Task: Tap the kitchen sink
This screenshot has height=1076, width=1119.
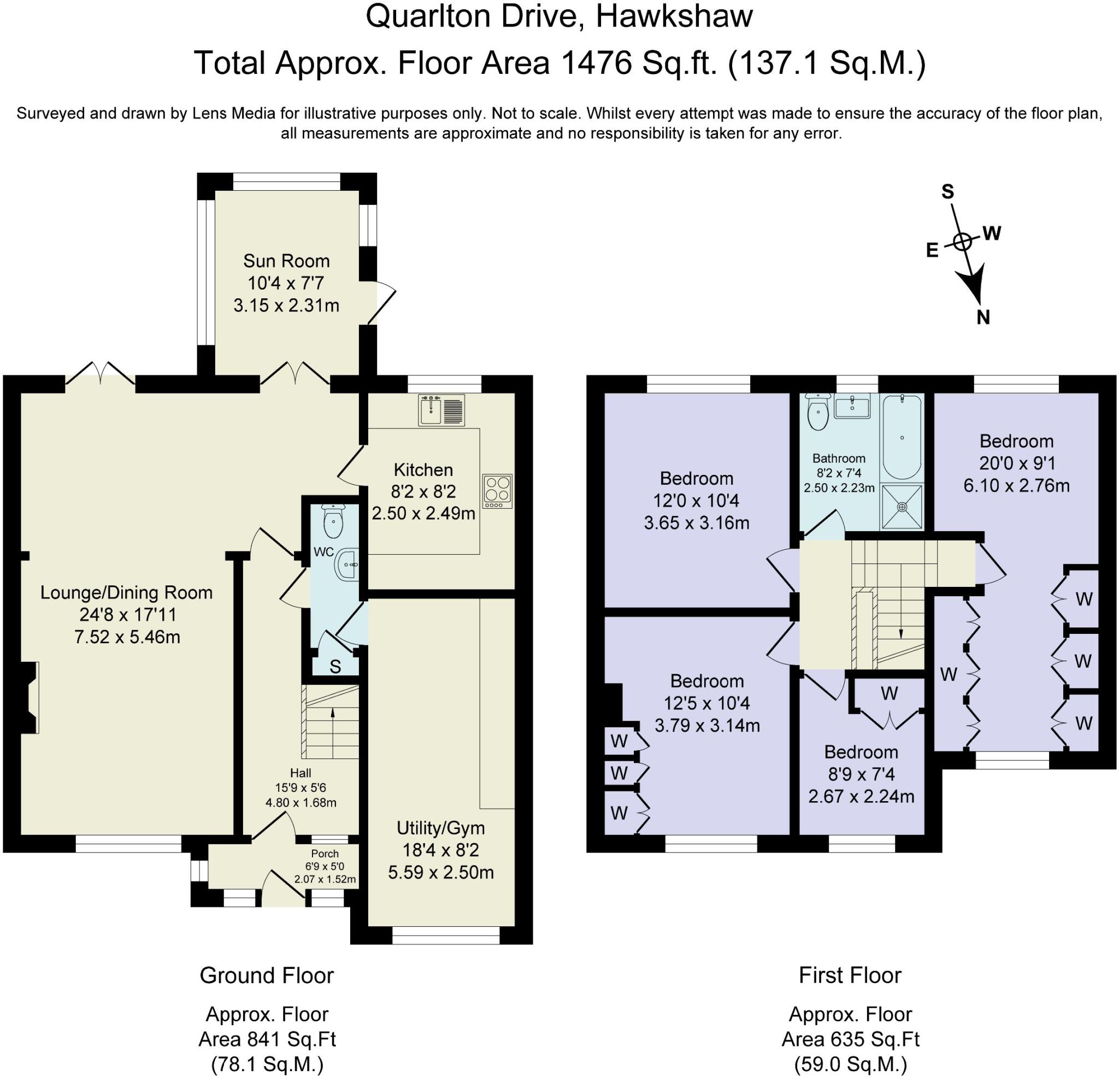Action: [443, 410]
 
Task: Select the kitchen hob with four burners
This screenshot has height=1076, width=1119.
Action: [498, 491]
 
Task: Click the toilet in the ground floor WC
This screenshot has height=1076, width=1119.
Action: [332, 520]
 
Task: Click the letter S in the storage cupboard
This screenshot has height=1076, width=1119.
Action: [335, 667]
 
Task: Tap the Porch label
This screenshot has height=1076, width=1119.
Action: [325, 854]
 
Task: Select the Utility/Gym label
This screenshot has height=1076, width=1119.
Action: [441, 827]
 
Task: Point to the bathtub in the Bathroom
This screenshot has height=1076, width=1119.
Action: [902, 437]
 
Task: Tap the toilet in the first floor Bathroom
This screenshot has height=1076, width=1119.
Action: [818, 413]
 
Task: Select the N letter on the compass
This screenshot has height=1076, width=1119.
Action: [982, 317]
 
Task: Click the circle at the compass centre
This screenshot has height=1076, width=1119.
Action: [963, 241]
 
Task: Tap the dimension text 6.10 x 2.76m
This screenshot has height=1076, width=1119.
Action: [1016, 485]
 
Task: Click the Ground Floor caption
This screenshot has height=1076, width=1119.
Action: [267, 975]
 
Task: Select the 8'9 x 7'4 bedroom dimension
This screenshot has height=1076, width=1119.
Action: [862, 774]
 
